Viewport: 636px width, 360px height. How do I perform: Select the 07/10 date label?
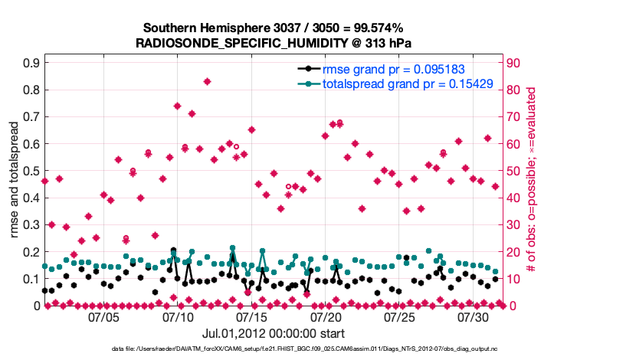[178, 316]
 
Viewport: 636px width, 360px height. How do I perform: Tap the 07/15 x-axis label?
[251, 316]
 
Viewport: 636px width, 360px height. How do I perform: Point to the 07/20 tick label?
[326, 316]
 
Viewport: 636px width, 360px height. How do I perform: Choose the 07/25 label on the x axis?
[399, 316]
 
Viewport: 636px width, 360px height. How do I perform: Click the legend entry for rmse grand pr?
[388, 70]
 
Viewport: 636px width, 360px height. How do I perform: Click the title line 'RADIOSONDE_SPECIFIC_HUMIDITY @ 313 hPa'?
[274, 43]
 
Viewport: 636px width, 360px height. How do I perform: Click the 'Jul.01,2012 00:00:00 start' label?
[273, 334]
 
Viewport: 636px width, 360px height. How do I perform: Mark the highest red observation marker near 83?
[207, 81]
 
